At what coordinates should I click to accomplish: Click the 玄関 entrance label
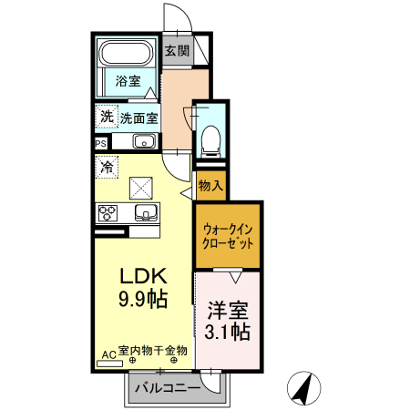[x=177, y=51]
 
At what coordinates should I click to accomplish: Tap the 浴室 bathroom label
[x=128, y=82]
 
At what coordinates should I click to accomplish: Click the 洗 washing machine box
[x=106, y=117]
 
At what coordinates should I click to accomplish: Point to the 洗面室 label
[x=139, y=118]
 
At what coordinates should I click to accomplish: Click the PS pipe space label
[x=100, y=142]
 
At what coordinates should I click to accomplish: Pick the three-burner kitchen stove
[x=108, y=213]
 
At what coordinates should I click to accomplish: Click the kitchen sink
[x=145, y=213]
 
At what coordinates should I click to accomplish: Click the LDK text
[x=140, y=274]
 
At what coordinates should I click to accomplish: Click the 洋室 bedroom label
[x=228, y=309]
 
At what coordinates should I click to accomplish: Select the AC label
[x=108, y=352]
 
